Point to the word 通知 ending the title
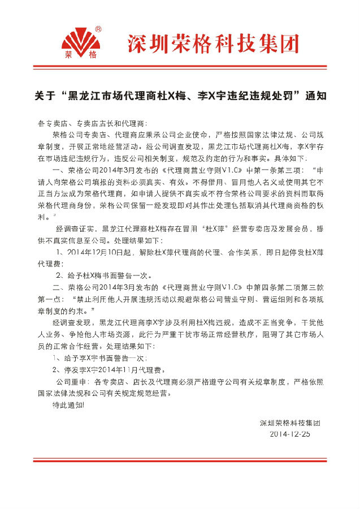[x=316, y=96]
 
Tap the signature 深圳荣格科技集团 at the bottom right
[x=290, y=422]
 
